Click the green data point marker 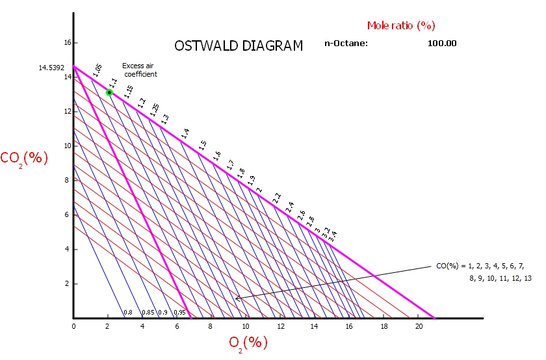[x=109, y=92]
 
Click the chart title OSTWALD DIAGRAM [x=239, y=46]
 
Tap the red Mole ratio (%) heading [x=400, y=25]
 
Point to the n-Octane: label [x=346, y=44]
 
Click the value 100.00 [x=442, y=44]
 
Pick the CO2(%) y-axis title [x=24, y=158]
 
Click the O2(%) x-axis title [x=248, y=341]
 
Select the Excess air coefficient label [x=140, y=70]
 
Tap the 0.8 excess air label [x=128, y=313]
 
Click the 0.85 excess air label [x=148, y=313]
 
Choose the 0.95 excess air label [x=180, y=313]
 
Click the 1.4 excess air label [x=185, y=133]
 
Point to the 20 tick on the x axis [x=419, y=326]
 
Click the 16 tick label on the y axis [x=66, y=43]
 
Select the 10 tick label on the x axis [x=246, y=326]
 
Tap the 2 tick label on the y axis [x=67, y=284]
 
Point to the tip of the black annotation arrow [x=236, y=299]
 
